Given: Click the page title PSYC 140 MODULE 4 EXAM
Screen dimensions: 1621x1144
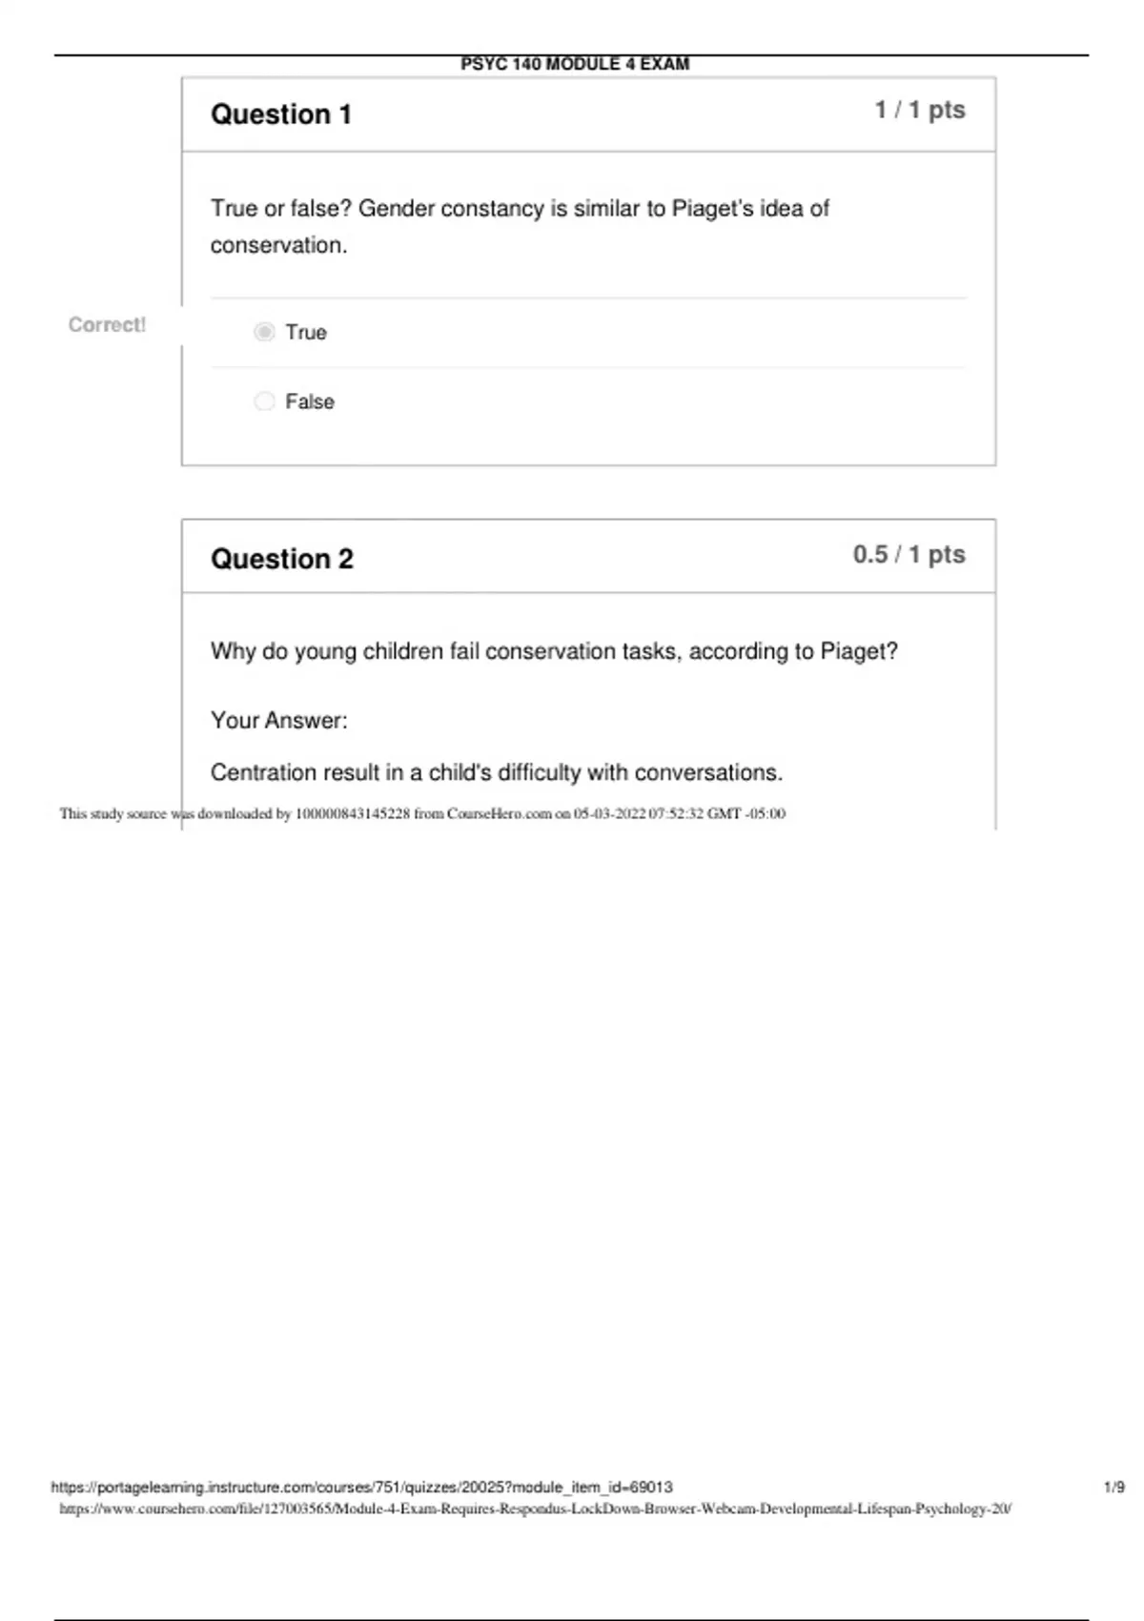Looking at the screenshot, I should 575,64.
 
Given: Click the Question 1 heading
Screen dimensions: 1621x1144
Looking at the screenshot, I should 281,114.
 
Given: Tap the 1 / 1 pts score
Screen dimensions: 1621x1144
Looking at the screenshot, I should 920,111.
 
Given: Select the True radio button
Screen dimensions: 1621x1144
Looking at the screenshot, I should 265,332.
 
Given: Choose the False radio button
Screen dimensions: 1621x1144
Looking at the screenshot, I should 265,401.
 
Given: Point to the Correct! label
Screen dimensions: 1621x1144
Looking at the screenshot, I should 107,325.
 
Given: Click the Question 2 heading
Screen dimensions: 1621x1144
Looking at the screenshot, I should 281,559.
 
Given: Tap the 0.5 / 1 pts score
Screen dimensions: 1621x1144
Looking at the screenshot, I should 909,555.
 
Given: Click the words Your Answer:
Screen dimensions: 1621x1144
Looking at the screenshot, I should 278,721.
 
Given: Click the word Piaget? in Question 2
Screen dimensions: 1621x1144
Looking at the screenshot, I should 859,651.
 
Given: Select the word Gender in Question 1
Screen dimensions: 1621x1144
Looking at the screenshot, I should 396,209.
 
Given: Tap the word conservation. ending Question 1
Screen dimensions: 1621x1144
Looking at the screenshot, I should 278,246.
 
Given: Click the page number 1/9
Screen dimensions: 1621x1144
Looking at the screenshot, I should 1113,1488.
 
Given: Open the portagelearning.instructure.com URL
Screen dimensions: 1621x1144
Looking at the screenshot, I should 361,1488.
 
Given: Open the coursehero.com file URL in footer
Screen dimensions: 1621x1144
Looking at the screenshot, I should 535,1509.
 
